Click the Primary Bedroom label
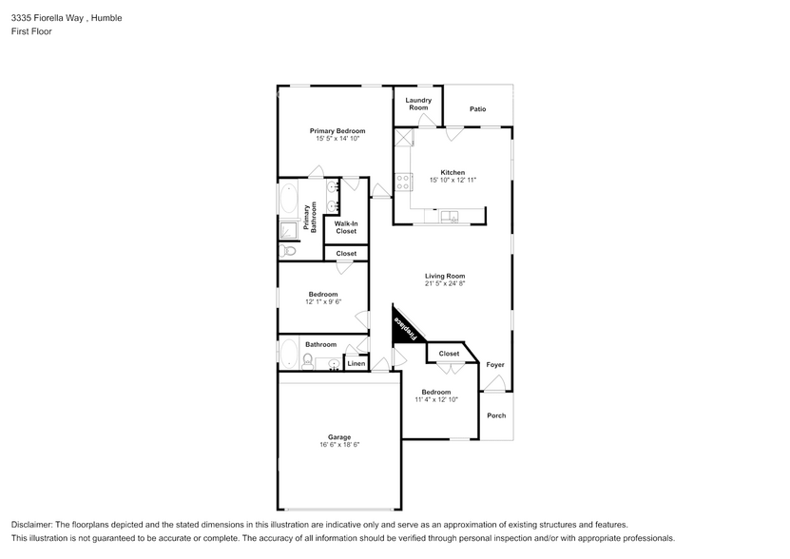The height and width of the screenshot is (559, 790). tap(337, 131)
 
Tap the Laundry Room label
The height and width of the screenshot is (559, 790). tap(418, 104)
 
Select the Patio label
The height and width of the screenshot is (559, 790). tap(477, 109)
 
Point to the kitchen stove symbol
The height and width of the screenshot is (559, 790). tap(403, 181)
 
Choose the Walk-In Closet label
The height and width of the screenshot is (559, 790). tap(346, 227)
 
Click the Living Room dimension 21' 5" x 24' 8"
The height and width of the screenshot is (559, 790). tap(444, 283)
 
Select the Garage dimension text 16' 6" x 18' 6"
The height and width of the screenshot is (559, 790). tap(338, 444)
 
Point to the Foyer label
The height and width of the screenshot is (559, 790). tap(495, 365)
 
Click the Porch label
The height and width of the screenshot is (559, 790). tap(496, 415)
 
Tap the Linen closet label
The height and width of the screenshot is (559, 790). tap(356, 364)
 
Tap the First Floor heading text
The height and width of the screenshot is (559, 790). tap(31, 31)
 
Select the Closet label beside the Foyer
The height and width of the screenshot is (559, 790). tap(449, 354)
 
